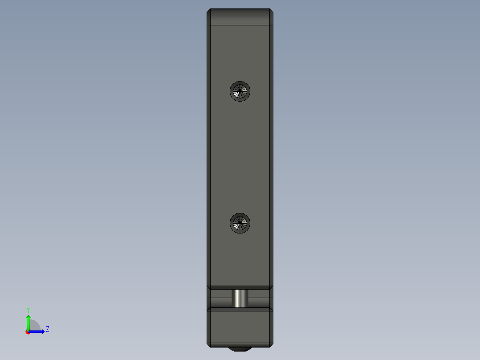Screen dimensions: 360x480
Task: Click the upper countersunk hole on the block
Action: (x=240, y=91)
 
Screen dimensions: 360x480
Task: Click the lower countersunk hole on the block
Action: (x=240, y=223)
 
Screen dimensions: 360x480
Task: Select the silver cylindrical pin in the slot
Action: (x=240, y=298)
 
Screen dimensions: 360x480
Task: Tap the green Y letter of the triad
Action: (x=28, y=309)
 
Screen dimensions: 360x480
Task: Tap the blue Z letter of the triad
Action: (x=47, y=329)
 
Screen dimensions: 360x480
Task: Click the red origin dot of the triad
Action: (x=28, y=332)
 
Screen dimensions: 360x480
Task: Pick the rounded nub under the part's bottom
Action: (x=240, y=349)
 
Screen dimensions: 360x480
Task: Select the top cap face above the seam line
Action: (x=240, y=17)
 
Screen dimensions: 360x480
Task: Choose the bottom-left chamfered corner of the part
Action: (x=209, y=344)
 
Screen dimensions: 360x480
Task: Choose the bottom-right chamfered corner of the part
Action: (x=271, y=344)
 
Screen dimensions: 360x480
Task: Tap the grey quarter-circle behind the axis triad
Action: (x=35, y=325)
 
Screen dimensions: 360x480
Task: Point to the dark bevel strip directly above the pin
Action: (x=240, y=288)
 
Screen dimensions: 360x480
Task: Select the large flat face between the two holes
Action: (x=240, y=156)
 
